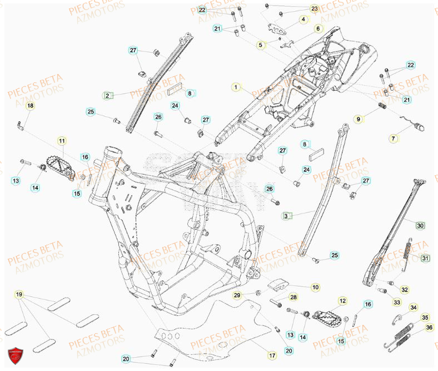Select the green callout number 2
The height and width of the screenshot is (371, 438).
point(107,96)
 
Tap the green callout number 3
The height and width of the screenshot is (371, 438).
point(286,215)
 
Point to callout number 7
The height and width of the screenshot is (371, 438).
point(394,138)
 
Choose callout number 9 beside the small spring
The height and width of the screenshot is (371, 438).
point(359,119)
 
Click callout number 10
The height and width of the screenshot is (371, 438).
point(315,288)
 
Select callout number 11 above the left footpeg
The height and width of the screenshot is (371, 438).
point(62,141)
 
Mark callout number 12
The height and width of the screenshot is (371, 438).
point(342,301)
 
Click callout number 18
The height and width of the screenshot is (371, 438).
point(30,106)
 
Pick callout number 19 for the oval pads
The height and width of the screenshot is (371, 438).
point(19,294)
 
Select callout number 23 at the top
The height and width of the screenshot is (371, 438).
point(315,9)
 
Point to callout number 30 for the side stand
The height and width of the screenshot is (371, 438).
point(420,225)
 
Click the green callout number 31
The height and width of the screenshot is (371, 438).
point(425,258)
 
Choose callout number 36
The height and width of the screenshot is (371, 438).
point(429,328)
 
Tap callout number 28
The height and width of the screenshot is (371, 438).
point(293,298)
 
